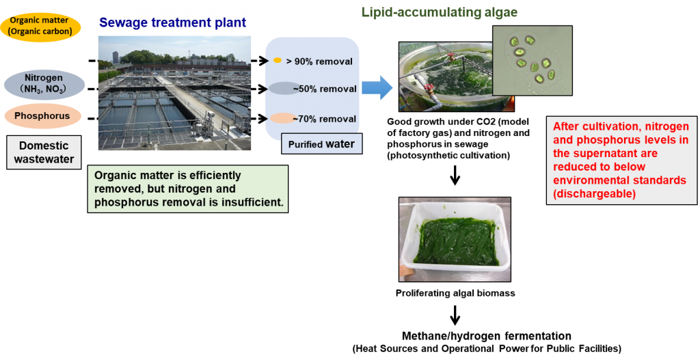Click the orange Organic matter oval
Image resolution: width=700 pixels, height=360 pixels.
[40, 25]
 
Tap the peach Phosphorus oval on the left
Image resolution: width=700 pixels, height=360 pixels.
[42, 116]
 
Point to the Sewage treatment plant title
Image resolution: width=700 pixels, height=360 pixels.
[172, 23]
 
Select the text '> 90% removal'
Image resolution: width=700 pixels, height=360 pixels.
[319, 61]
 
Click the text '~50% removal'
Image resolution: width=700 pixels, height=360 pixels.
[325, 89]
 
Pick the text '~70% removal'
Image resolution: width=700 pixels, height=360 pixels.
[325, 119]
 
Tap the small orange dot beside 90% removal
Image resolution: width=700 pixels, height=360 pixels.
[278, 61]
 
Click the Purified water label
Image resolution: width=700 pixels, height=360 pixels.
[321, 144]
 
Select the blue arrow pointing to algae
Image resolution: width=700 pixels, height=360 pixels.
[377, 87]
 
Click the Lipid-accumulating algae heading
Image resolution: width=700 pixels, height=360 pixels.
[439, 12]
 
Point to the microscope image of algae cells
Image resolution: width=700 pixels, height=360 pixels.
[532, 60]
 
